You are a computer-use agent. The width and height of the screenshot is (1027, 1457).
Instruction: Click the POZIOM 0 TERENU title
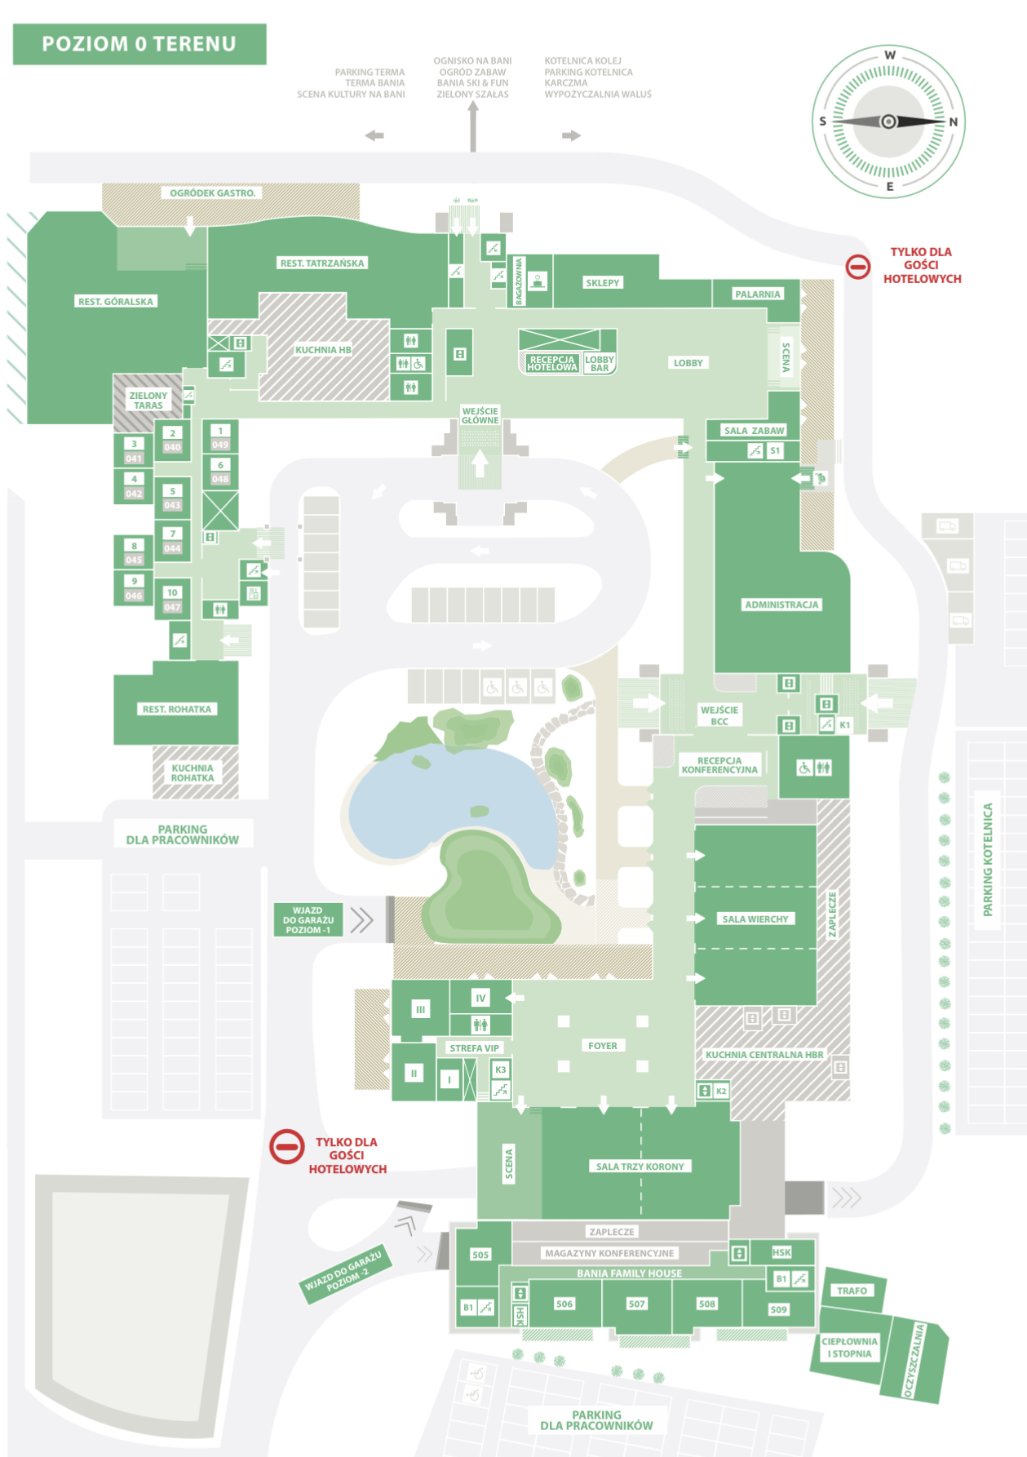click(139, 44)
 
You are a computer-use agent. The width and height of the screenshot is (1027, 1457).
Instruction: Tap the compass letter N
click(952, 122)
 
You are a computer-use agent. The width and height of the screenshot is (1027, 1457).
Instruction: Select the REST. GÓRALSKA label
click(116, 301)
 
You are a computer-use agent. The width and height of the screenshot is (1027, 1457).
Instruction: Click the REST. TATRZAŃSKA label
click(322, 263)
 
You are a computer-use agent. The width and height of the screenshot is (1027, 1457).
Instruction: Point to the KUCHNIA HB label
click(323, 350)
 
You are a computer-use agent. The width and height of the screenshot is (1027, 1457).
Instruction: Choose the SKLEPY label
click(602, 282)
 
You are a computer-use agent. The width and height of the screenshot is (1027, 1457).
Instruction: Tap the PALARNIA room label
click(757, 294)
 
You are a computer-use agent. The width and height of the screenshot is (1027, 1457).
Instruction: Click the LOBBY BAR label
click(600, 364)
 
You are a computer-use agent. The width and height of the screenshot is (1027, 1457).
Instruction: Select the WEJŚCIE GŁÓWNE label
click(480, 415)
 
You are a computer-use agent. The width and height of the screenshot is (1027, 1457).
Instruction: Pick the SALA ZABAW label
click(754, 430)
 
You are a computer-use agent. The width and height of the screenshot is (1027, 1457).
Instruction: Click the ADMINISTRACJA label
click(781, 604)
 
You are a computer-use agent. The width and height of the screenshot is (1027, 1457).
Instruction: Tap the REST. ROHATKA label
click(176, 709)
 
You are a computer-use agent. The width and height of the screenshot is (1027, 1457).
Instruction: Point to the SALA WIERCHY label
click(755, 919)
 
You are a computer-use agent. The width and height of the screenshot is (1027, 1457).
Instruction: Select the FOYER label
click(602, 1045)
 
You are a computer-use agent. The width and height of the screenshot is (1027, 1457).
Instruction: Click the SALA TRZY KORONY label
click(640, 1166)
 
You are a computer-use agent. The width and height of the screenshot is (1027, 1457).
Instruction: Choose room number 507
click(636, 1304)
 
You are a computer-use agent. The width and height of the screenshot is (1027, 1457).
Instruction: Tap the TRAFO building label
click(852, 1290)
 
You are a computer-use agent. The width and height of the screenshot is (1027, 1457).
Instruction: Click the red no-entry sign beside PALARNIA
click(857, 266)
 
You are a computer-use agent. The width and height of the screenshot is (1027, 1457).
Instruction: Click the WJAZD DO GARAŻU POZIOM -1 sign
click(308, 919)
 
